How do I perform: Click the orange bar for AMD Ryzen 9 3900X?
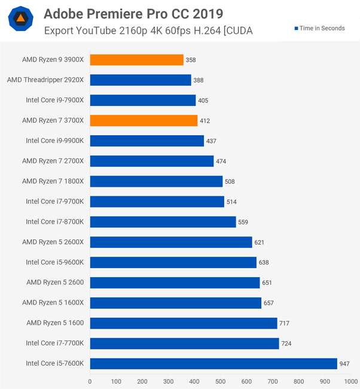coord(136,60)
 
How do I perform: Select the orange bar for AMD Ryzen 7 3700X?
coord(144,120)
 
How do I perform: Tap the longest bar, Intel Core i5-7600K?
coord(213,363)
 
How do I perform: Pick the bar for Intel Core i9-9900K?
coord(147,141)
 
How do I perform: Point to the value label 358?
coord(191,60)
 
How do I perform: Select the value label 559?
coord(243,222)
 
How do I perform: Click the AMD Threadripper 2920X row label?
coord(46,80)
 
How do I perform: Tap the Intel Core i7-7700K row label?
coord(55,343)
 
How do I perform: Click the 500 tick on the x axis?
coord(220,381)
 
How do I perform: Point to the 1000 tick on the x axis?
coord(349,381)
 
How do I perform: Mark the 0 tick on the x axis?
coord(90,381)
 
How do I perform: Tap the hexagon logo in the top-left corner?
coord(20,19)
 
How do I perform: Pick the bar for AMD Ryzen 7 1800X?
coord(156,181)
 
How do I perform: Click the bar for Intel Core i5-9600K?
coord(173,262)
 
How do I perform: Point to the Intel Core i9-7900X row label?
coord(55,100)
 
